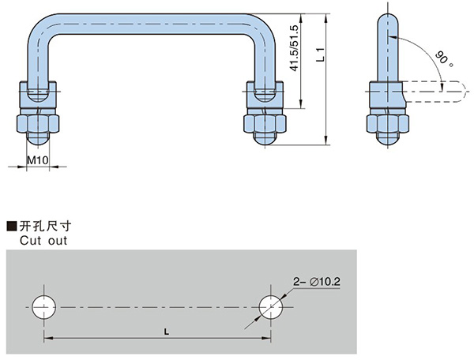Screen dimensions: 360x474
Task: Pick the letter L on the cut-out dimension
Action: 165,332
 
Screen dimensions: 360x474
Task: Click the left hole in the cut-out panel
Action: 44,306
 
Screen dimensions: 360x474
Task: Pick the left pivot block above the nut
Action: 36,96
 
